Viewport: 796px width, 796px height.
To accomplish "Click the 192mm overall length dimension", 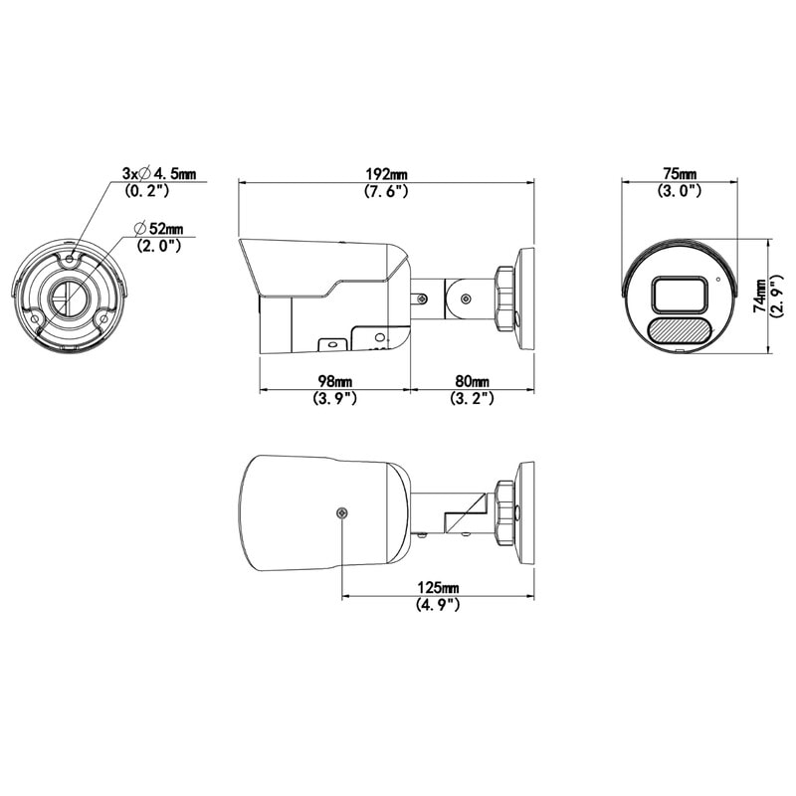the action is (386, 173).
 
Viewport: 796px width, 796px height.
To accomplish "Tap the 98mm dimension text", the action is (334, 381).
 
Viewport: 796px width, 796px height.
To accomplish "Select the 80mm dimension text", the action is (472, 381).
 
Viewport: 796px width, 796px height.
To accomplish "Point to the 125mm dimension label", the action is (438, 587).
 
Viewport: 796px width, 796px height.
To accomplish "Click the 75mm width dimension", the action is (680, 173).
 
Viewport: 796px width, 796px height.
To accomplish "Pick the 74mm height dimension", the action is (760, 296).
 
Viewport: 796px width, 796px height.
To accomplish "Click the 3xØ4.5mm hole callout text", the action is (159, 173).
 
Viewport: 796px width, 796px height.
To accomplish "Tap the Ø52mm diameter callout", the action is (159, 229).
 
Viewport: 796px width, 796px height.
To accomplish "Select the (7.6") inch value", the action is (386, 191).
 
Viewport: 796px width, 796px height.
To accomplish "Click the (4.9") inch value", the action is (438, 605).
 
